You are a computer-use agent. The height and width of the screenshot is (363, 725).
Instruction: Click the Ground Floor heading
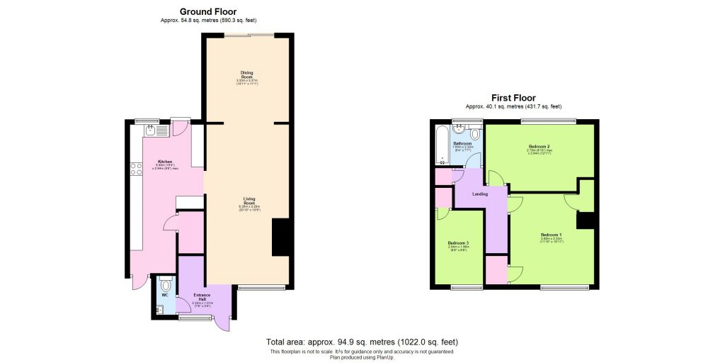[207, 11]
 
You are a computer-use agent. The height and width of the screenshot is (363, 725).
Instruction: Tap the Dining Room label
[246, 73]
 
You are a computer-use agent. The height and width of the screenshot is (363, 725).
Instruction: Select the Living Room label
[249, 199]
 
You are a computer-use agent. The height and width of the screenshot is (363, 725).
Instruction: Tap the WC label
[164, 295]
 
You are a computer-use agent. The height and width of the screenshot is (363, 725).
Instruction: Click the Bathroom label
[462, 143]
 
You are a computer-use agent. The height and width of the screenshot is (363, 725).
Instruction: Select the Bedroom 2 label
[538, 146]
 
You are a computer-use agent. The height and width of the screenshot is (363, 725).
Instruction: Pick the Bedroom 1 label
[551, 235]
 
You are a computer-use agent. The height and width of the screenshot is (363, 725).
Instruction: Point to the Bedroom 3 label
[458, 243]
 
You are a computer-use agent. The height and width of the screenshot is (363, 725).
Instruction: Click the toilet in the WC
[165, 283]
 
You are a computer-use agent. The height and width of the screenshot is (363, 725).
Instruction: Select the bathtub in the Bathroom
[443, 146]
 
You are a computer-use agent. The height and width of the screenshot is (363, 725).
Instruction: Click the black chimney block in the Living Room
[282, 238]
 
